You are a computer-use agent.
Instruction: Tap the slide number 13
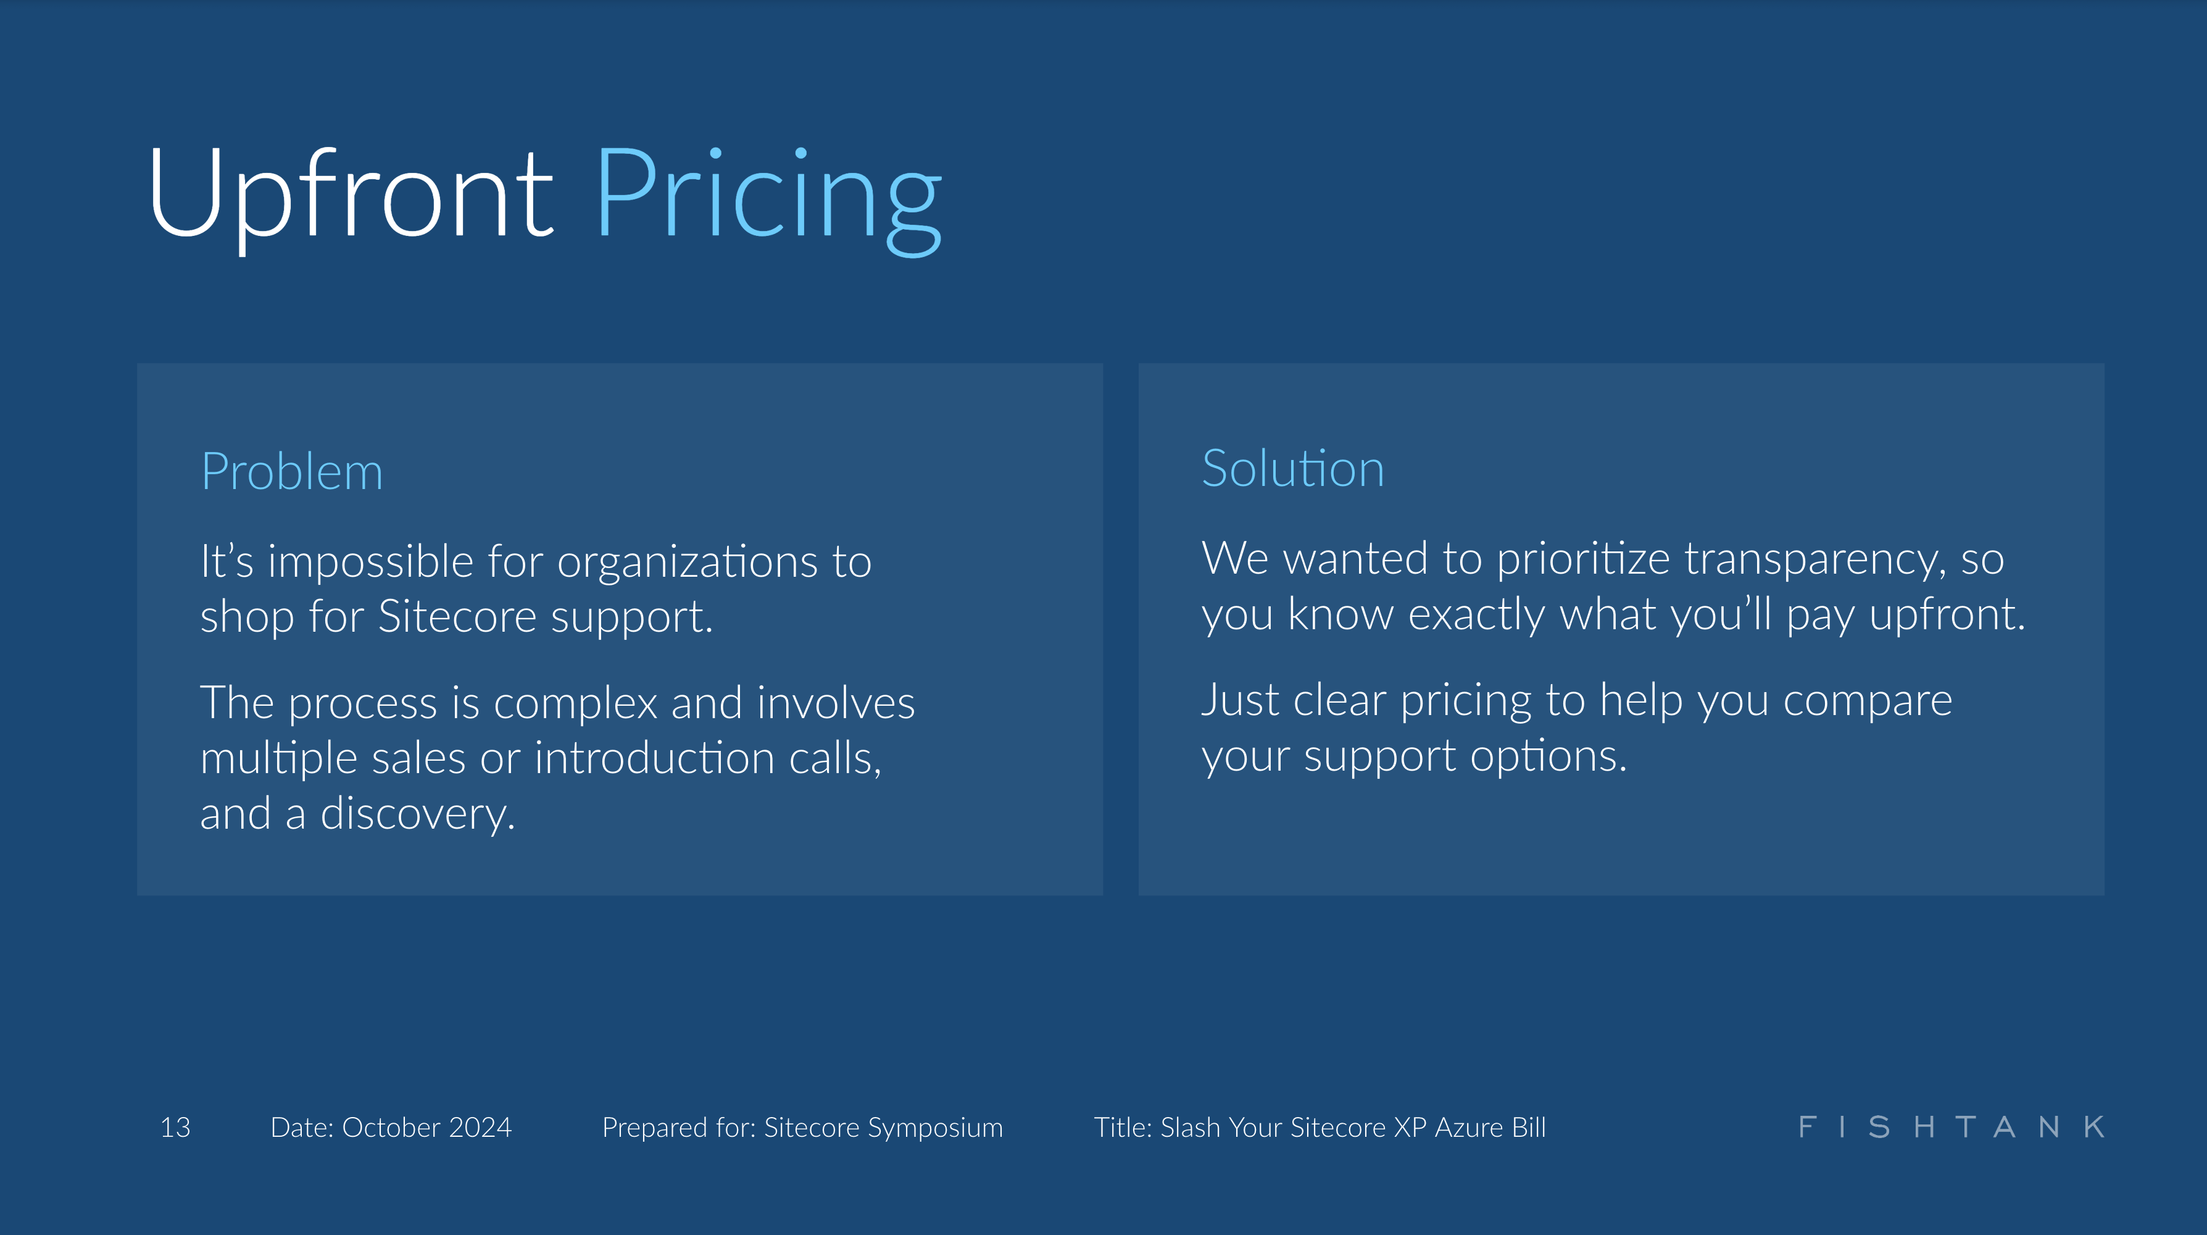[176, 1127]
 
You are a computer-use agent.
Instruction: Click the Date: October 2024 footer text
[391, 1127]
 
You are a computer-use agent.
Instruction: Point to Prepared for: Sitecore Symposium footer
[802, 1127]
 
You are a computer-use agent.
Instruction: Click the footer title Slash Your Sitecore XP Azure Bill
[1320, 1127]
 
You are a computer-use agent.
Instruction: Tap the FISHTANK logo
[1951, 1127]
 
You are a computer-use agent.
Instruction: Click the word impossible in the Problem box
[371, 562]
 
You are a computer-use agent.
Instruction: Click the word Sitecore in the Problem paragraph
[457, 617]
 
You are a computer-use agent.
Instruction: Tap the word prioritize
[1582, 559]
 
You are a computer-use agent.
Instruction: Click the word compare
[1867, 701]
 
